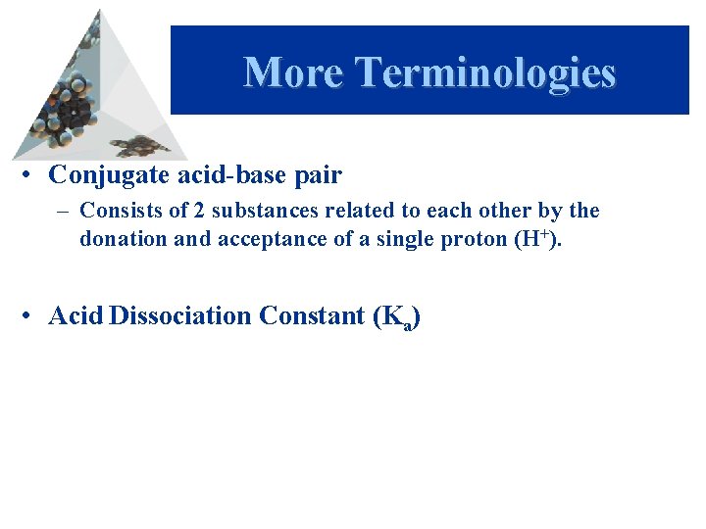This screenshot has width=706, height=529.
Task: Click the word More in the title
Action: (x=293, y=73)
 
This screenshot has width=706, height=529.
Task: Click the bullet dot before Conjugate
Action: (x=32, y=176)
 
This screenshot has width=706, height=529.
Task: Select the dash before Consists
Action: (x=65, y=212)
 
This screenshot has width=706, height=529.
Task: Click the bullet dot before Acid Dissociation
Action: (x=32, y=316)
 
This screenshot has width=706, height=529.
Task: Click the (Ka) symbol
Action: (x=397, y=317)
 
